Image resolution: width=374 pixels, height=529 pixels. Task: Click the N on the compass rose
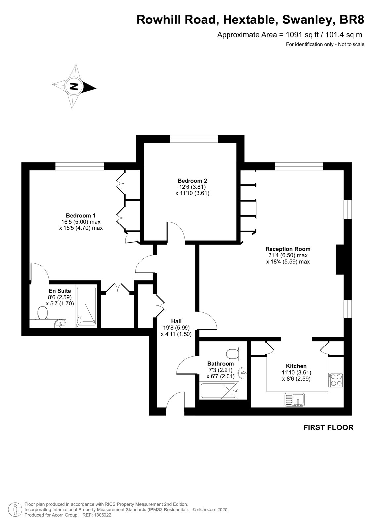[x=74, y=86]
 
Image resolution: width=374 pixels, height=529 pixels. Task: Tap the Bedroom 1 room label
[x=81, y=215]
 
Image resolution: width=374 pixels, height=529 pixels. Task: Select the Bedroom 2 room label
[x=192, y=181]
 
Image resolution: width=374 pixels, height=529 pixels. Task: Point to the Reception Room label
[x=288, y=249]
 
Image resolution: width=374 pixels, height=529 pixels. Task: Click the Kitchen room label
[x=296, y=366]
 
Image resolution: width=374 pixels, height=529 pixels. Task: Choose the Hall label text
[x=176, y=321]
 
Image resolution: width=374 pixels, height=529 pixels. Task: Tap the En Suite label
[x=60, y=291]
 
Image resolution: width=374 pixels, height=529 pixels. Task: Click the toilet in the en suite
[x=43, y=313]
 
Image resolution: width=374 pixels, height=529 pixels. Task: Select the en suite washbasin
[x=60, y=323]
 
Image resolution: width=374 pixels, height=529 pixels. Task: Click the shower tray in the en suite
[x=86, y=307]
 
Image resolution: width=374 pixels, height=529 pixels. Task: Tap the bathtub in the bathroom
[x=219, y=391]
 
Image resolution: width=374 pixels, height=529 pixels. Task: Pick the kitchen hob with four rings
[x=336, y=380]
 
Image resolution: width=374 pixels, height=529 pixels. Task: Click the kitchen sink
[x=295, y=400]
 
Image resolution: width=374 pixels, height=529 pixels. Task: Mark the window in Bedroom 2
[x=194, y=139]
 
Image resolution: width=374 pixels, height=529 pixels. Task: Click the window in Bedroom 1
[x=80, y=166]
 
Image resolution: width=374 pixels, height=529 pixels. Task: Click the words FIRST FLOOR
[x=328, y=427]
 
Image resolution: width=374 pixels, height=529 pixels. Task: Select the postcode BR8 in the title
[x=352, y=20]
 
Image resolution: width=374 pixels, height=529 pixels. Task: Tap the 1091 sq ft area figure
[x=301, y=35]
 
